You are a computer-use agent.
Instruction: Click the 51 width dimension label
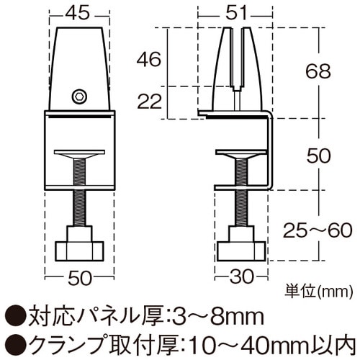237,12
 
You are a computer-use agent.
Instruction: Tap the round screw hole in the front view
79,95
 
